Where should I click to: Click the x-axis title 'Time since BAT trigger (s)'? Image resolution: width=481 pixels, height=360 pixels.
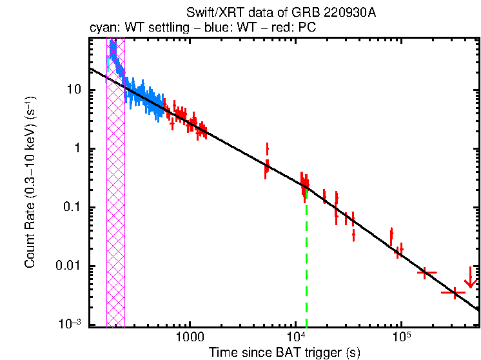tap(284, 352)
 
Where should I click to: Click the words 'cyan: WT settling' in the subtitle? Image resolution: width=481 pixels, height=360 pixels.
tap(132, 29)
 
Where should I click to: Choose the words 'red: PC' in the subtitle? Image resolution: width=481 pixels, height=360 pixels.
tap(296, 29)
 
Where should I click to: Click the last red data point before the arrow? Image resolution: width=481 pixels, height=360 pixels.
tap(454, 293)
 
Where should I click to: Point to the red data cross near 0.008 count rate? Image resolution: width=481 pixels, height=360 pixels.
tap(426, 273)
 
